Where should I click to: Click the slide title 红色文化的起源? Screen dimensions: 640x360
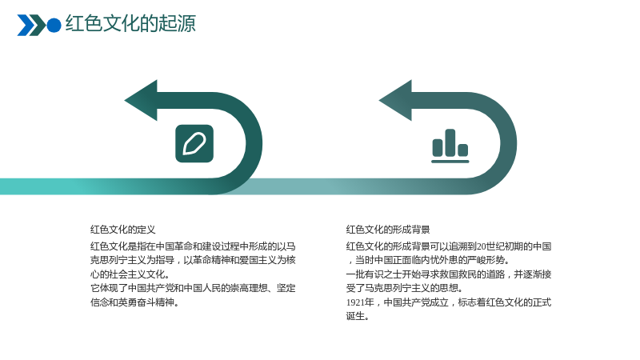[130, 24]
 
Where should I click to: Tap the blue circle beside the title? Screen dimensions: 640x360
[54, 26]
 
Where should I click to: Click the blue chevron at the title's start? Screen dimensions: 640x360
[25, 26]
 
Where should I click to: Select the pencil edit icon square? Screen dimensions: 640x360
[194, 144]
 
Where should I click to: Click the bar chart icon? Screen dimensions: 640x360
[450, 146]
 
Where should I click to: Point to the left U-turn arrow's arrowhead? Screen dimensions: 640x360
[142, 101]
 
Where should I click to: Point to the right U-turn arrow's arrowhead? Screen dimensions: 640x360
[395, 101]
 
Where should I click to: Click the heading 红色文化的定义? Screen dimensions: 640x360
[123, 230]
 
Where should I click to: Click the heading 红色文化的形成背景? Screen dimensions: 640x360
[388, 230]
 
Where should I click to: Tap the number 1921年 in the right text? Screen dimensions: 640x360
[360, 302]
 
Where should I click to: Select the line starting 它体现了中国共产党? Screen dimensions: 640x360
[193, 289]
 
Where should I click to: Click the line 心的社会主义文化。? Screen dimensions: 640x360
[130, 274]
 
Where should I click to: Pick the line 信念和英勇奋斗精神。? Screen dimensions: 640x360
[134, 302]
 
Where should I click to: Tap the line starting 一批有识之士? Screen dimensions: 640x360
[449, 274]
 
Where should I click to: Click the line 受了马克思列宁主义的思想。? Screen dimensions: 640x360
[405, 288]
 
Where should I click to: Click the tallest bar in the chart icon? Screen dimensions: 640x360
[450, 142]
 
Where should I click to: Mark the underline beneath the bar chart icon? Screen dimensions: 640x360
[450, 162]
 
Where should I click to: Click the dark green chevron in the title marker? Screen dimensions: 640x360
[38, 26]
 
